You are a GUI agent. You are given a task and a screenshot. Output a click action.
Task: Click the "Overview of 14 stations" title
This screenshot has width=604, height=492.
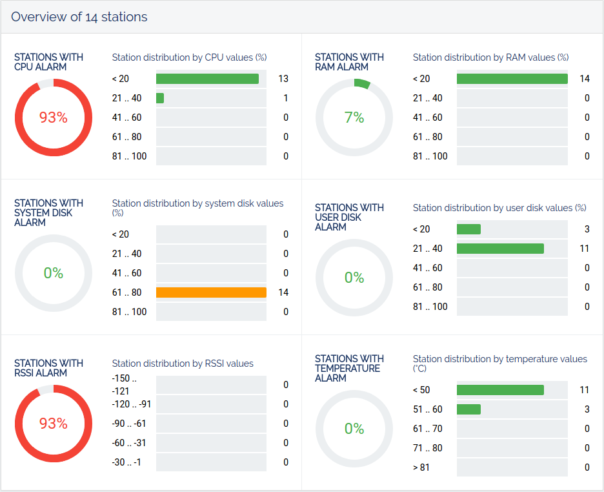[79, 17]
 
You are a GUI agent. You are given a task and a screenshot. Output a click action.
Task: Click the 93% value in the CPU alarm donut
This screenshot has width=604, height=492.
[53, 118]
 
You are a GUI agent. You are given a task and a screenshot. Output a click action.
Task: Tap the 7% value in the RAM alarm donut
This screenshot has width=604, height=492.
[354, 118]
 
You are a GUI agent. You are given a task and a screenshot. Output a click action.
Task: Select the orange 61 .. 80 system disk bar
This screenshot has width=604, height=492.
[211, 292]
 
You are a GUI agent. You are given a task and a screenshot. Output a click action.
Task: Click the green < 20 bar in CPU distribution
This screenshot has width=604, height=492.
[207, 79]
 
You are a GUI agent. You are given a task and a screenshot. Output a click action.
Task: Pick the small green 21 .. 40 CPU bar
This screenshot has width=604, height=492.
[160, 98]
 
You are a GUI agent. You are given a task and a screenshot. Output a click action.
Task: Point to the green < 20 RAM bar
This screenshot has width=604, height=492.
[512, 79]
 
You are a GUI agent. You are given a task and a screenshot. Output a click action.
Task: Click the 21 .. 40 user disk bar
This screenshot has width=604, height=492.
[500, 249]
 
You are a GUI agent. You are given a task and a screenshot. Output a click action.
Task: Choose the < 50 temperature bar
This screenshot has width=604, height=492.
[500, 390]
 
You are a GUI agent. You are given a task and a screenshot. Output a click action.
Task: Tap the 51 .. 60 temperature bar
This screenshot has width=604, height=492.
[468, 409]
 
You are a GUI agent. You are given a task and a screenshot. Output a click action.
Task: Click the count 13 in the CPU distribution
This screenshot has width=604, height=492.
[283, 79]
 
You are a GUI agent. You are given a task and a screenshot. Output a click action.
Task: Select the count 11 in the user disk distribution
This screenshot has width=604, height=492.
[584, 249]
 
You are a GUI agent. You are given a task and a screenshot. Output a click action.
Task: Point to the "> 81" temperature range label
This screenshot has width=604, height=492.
[421, 467]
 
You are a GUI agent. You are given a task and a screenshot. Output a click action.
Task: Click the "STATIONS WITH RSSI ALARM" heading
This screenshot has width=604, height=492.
[48, 368]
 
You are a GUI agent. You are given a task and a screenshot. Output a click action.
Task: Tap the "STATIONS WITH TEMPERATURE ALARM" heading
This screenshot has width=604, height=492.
[349, 368]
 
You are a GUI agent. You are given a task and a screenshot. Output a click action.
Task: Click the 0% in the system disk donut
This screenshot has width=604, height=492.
[53, 273]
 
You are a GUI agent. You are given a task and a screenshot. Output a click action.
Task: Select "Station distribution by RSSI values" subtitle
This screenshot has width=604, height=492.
[183, 364]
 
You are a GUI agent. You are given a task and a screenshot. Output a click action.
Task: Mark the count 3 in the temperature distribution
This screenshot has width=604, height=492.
[587, 409]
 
